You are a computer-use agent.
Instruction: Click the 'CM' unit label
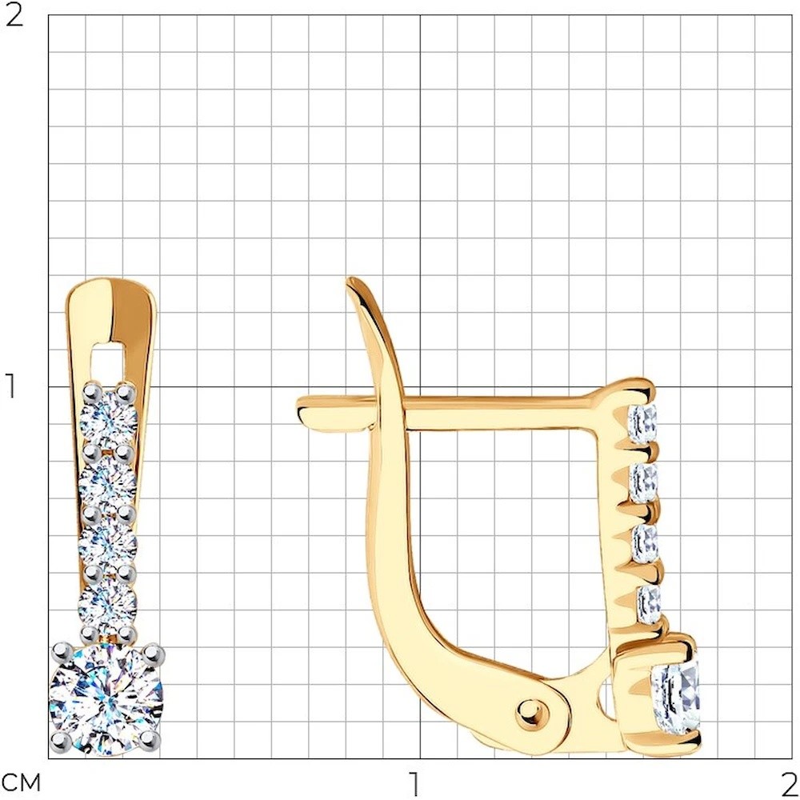click(x=22, y=782)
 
